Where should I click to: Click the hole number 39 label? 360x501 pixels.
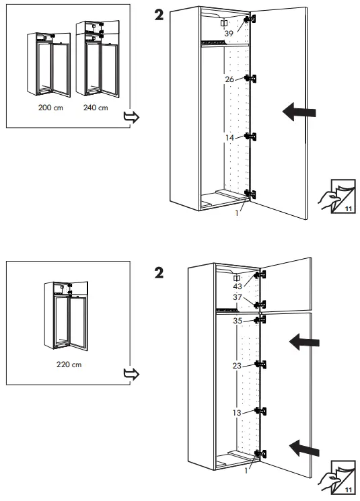pos(229,34)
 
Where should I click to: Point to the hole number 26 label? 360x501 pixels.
pos(229,79)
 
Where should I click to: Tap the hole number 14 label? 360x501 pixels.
pos(229,137)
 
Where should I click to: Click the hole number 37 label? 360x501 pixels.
pos(238,297)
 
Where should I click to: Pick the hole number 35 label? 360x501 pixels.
pos(238,321)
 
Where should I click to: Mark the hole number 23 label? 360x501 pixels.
pos(238,367)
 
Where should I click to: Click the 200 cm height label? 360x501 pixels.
pos(52,108)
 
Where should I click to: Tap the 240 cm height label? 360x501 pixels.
pos(96,108)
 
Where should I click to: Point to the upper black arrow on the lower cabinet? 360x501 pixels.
pos(304,343)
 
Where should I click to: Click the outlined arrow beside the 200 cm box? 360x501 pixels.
pos(132,118)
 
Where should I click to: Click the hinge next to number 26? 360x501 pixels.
pos(253,79)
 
